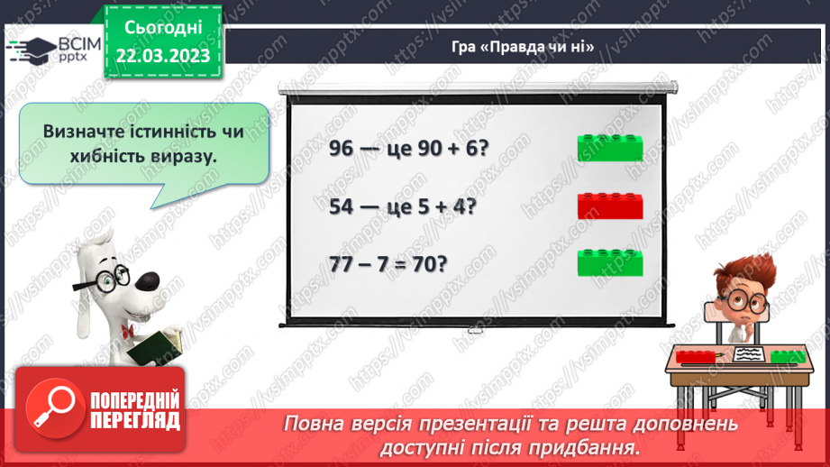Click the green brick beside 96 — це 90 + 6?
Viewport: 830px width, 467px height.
[610, 147]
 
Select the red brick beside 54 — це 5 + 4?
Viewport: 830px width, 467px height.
[610, 206]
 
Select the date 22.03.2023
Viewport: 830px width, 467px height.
[161, 55]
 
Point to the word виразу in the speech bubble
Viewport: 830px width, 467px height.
[188, 156]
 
